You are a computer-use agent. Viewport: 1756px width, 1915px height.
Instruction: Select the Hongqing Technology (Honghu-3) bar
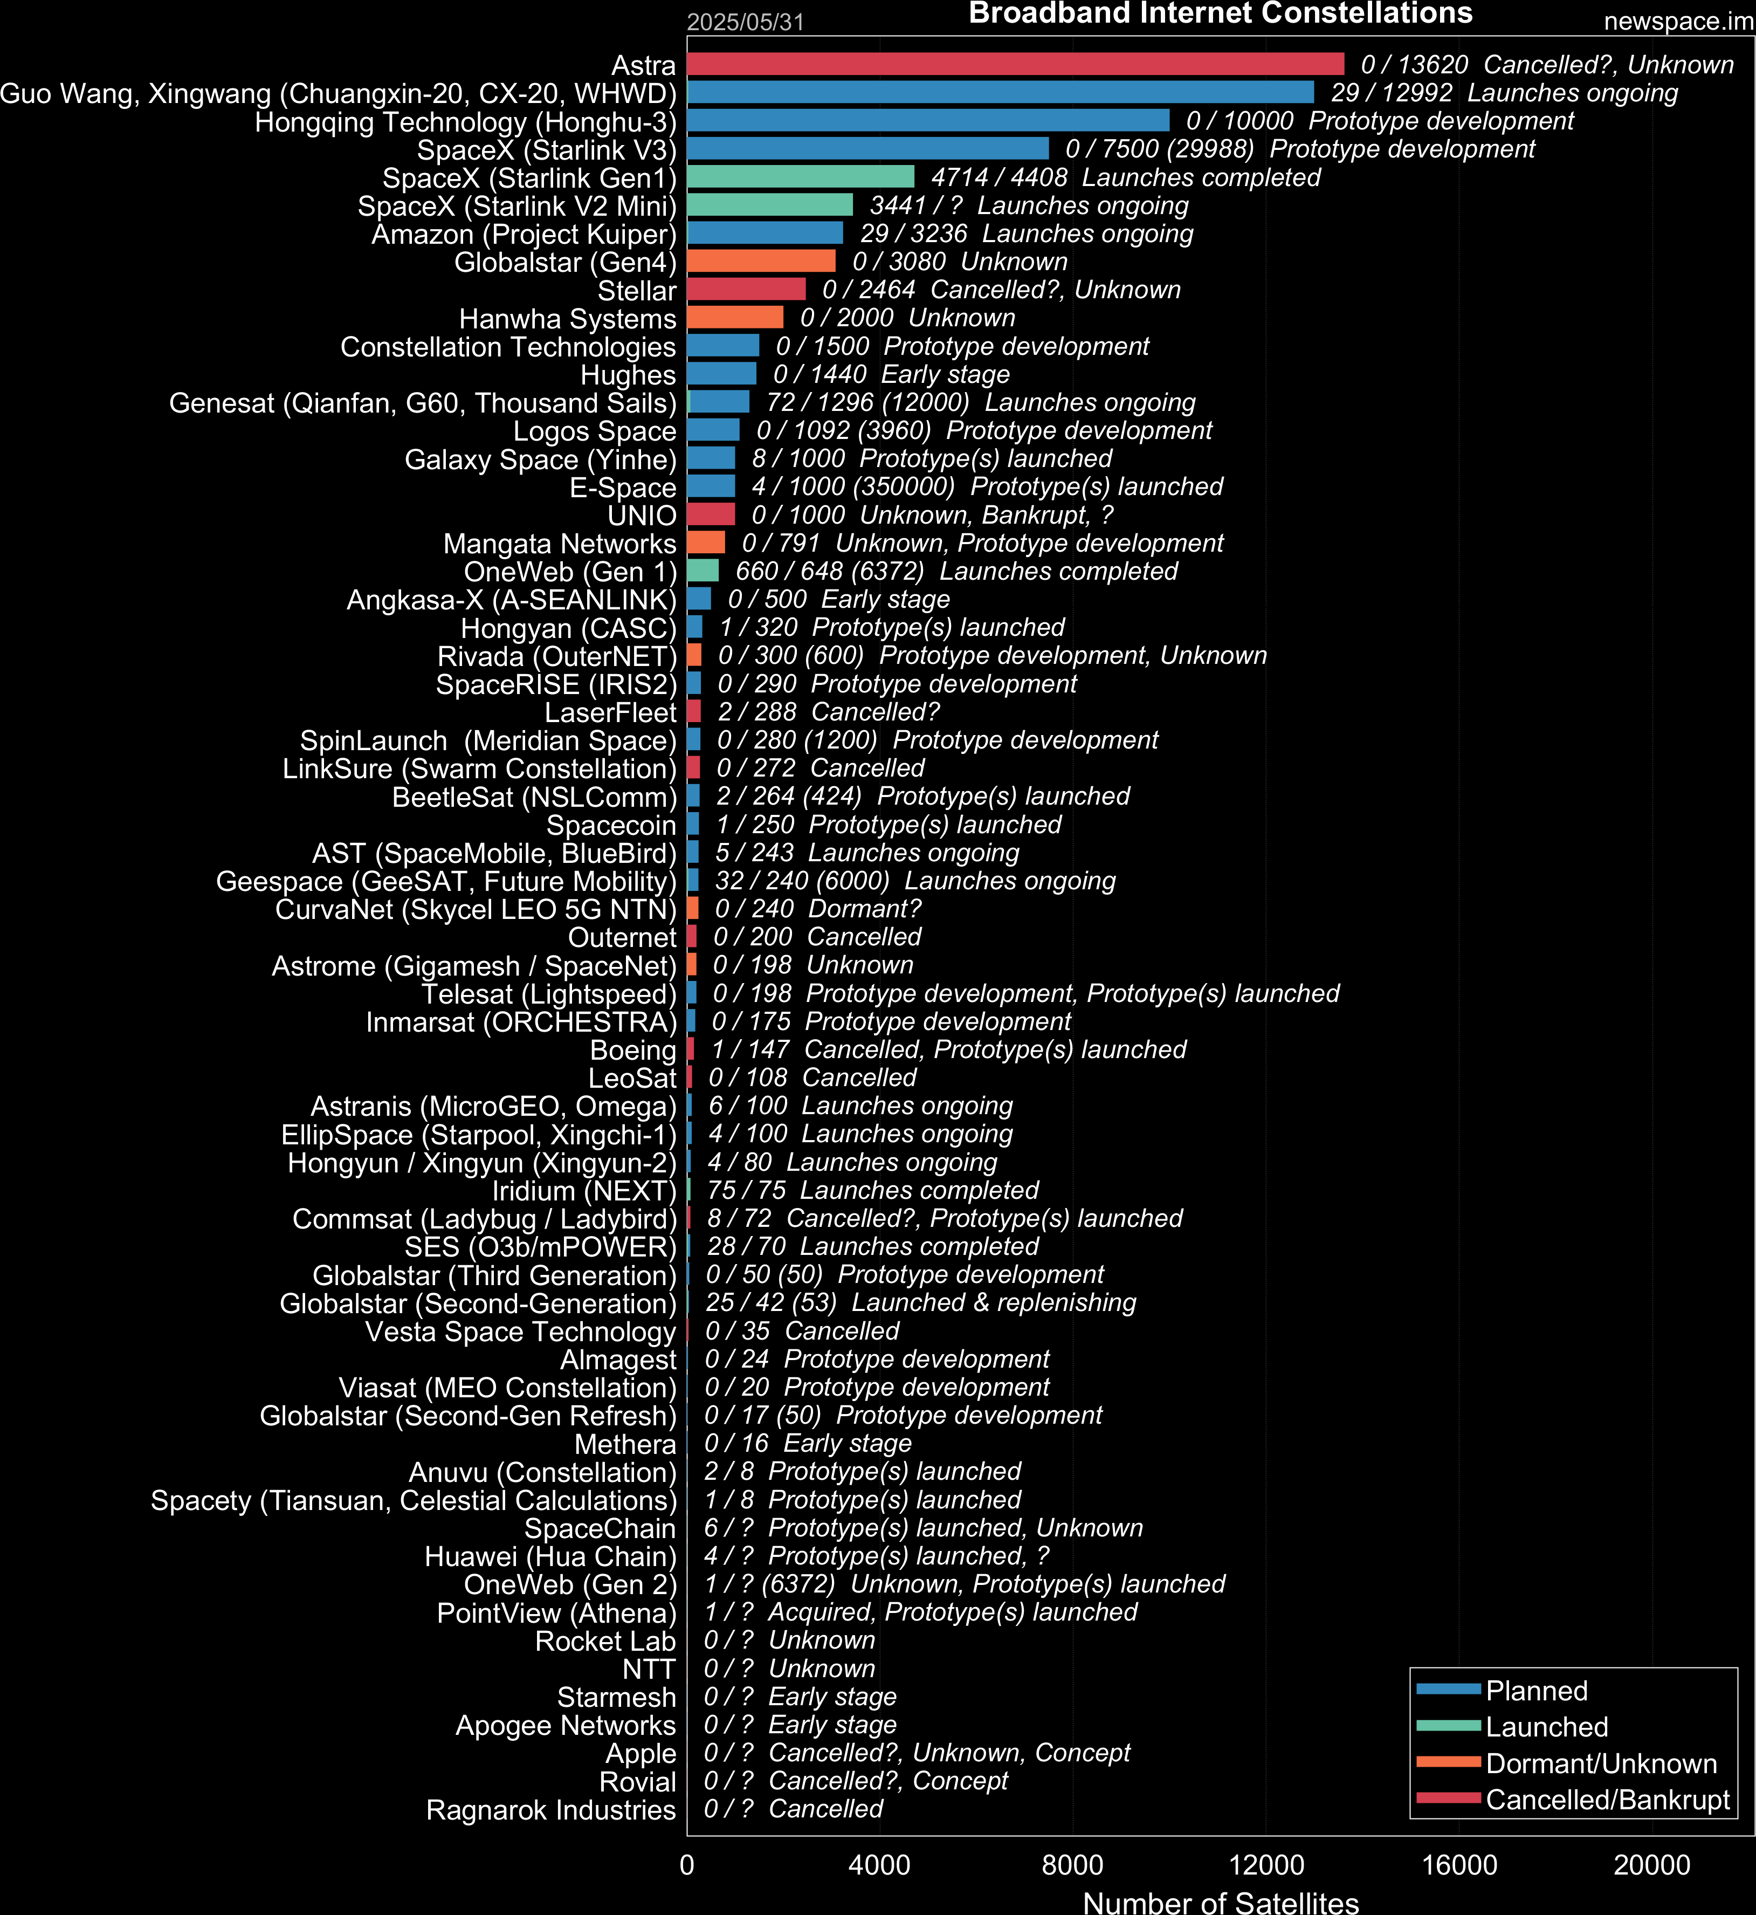point(928,120)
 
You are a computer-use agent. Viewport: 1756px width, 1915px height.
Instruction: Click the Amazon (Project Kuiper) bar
point(765,233)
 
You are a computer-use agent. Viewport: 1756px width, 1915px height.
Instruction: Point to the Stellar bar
point(746,289)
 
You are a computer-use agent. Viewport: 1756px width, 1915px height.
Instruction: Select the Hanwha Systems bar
point(735,318)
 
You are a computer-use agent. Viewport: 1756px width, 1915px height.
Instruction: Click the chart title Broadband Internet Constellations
point(1220,13)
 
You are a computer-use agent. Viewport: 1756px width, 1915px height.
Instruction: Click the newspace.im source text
point(1678,21)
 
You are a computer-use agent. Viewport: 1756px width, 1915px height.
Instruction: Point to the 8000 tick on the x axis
point(1072,1865)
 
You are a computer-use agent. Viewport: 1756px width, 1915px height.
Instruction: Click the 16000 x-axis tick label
point(1458,1865)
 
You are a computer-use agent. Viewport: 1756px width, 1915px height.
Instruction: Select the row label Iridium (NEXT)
point(584,1191)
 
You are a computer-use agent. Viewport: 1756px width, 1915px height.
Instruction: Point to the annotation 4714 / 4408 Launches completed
point(1126,177)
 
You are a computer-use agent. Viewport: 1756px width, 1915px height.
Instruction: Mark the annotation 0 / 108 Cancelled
point(812,1077)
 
